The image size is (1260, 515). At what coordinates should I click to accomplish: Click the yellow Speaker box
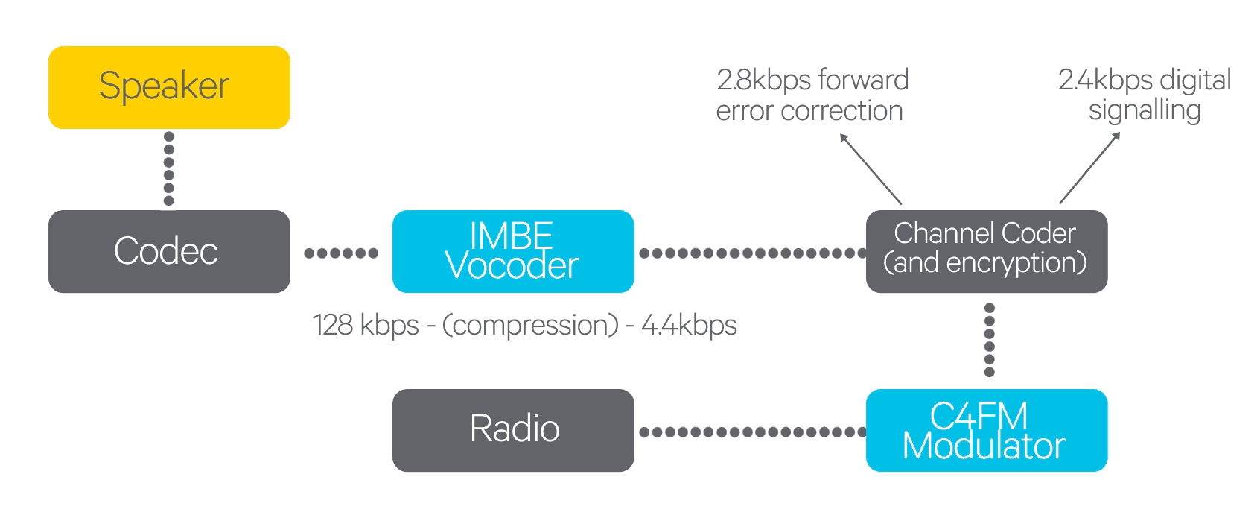[169, 87]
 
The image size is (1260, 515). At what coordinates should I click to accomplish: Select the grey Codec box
[169, 251]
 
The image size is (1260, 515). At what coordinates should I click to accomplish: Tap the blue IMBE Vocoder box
[512, 251]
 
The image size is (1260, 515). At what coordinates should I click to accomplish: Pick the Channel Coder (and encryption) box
[986, 251]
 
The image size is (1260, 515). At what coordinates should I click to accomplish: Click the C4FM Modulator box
[986, 430]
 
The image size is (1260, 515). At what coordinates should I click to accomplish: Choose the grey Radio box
[512, 430]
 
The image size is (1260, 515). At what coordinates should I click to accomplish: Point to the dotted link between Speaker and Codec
[169, 169]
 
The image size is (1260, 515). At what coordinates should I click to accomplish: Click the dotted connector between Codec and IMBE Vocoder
[341, 253]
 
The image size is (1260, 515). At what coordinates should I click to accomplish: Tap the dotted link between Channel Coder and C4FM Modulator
[989, 340]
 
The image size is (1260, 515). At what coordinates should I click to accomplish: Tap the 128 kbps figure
[366, 326]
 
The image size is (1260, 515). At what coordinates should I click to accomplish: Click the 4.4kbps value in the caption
[689, 326]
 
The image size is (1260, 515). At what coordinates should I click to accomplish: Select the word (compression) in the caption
[530, 326]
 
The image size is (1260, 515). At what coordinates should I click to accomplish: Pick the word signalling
[1144, 111]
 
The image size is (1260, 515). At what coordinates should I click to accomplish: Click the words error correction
[809, 111]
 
